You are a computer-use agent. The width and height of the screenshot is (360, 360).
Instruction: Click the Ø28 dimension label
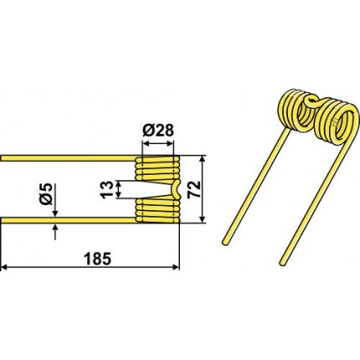(158, 131)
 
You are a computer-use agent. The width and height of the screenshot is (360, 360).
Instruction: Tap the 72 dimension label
(194, 189)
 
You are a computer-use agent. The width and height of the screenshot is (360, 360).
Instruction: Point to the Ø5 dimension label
(46, 194)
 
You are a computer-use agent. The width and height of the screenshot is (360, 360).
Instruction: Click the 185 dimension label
(98, 259)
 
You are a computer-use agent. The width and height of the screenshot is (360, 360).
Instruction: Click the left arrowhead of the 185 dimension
(4, 268)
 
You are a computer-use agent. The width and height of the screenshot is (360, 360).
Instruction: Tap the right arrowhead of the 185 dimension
(176, 268)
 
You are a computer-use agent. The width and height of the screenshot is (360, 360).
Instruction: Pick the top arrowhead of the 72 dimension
(203, 159)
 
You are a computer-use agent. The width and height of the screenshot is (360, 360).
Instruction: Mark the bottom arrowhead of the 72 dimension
(203, 219)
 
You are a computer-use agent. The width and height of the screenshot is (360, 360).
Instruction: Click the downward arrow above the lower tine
(55, 200)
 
